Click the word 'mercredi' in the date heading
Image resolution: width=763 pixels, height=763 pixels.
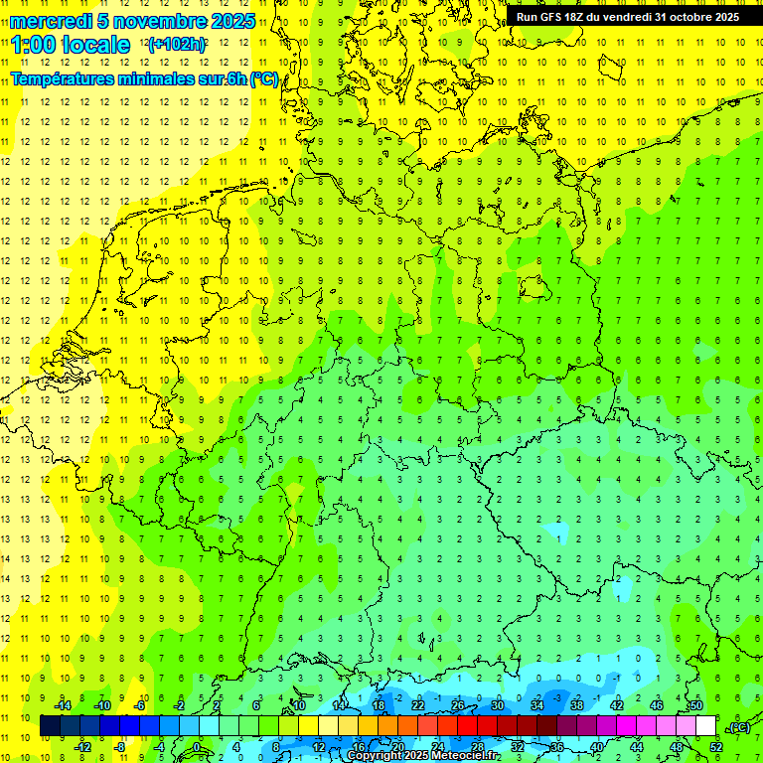(52, 21)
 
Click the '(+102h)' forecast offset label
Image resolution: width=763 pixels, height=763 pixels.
(177, 45)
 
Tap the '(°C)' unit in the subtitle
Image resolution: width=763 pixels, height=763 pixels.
(264, 79)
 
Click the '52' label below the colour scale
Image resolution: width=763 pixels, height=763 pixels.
(716, 747)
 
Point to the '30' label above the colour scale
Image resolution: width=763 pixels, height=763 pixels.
(498, 705)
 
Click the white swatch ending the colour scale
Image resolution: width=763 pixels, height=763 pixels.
(706, 726)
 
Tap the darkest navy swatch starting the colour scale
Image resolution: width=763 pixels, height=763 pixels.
(50, 726)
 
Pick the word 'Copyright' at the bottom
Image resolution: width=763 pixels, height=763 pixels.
(374, 756)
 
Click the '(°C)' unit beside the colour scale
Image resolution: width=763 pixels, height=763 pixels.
(738, 727)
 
